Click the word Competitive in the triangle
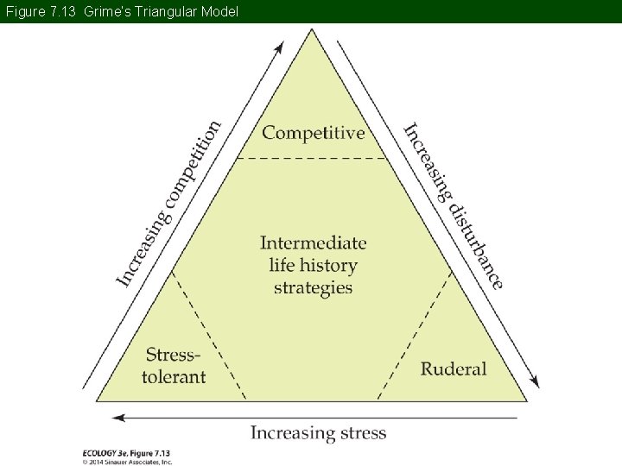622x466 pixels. (x=314, y=133)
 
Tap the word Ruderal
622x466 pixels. (x=454, y=368)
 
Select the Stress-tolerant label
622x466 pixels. (x=175, y=366)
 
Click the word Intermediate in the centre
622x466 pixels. (x=314, y=243)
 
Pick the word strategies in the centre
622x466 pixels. (x=314, y=288)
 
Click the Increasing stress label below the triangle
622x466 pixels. (x=319, y=432)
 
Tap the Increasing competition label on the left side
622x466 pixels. (x=168, y=204)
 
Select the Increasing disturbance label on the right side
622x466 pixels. (x=454, y=205)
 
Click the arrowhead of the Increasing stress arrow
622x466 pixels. (x=117, y=418)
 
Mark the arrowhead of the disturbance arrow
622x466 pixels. (x=536, y=383)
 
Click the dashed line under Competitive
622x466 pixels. (x=312, y=158)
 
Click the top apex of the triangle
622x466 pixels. (x=312, y=30)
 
